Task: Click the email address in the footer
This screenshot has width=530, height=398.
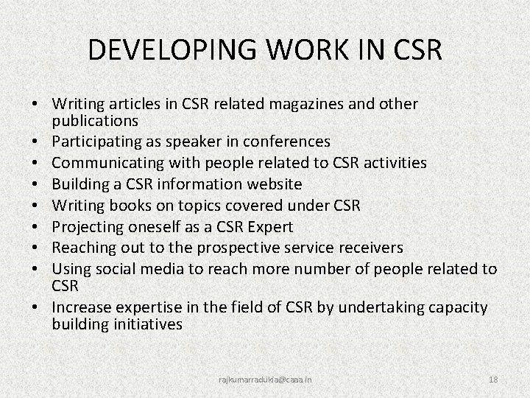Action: pyautogui.click(x=265, y=379)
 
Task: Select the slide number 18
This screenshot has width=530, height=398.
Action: pyautogui.click(x=493, y=379)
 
